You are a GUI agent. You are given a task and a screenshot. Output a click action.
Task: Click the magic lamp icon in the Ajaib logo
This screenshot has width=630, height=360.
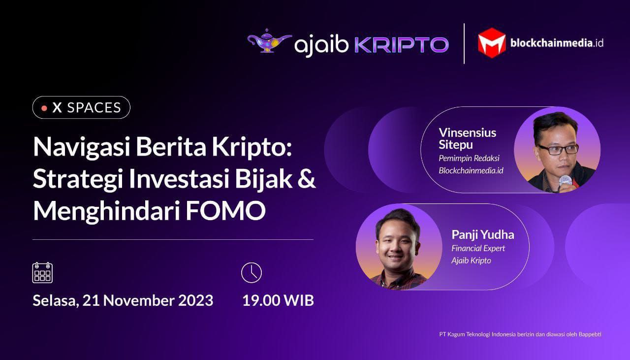[269, 41]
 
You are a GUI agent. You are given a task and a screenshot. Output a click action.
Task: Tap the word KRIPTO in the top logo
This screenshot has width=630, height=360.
[401, 45]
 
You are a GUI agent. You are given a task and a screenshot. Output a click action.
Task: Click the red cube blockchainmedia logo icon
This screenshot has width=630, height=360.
[492, 43]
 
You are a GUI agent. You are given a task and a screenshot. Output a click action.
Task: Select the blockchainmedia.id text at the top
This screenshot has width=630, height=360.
[557, 43]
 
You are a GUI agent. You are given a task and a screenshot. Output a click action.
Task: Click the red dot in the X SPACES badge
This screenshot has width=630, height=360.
[44, 108]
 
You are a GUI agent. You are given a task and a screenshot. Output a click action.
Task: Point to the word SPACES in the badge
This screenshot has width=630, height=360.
[94, 108]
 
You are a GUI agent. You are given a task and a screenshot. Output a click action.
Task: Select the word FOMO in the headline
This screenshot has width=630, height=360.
[225, 211]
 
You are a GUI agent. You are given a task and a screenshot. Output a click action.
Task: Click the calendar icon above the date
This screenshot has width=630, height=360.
[42, 272]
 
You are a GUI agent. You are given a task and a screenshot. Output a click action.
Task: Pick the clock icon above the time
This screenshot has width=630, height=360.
[252, 272]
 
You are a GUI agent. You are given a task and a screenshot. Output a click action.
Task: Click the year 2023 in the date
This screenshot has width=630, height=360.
[196, 300]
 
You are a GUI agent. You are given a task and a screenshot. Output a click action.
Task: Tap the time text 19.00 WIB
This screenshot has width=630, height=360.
[278, 300]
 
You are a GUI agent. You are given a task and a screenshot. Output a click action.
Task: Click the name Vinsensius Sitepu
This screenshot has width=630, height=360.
[468, 138]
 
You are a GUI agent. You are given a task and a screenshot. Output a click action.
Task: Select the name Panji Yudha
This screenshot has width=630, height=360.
[483, 235]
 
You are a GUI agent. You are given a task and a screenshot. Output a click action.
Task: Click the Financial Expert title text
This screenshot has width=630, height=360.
[478, 248]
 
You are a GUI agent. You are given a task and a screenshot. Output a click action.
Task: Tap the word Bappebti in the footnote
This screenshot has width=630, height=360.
[590, 334]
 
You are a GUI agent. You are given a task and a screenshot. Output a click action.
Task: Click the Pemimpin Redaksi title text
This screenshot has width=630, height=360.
[469, 158]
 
